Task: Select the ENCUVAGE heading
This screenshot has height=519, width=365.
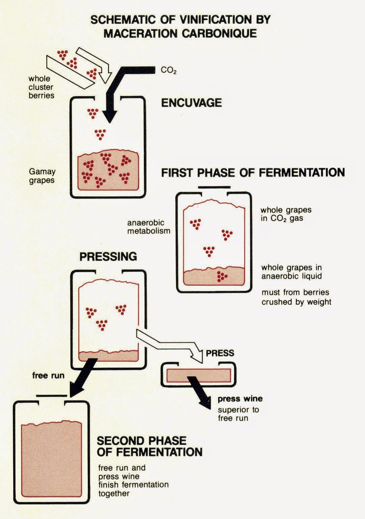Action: [191, 103]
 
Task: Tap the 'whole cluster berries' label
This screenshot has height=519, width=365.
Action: [41, 87]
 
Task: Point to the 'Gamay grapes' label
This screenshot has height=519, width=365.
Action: [42, 176]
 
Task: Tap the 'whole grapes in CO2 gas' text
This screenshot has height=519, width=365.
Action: [286, 214]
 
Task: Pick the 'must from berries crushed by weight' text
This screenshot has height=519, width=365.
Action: [296, 297]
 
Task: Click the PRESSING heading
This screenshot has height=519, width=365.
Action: [108, 257]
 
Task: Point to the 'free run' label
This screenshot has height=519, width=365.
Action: [48, 375]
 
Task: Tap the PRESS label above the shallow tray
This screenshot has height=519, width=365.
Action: [220, 353]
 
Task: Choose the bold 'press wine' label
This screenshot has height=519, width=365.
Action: [240, 399]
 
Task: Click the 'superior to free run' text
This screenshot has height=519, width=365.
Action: [238, 414]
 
